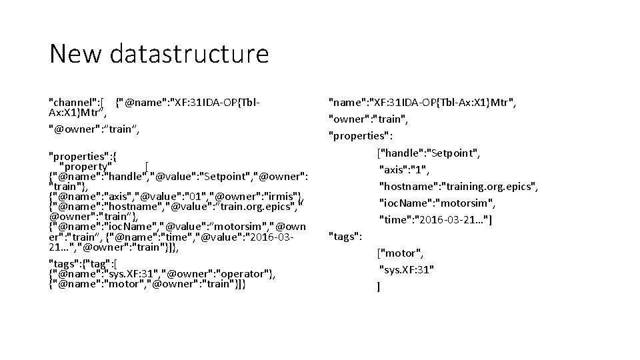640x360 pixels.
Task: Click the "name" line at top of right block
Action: [423, 103]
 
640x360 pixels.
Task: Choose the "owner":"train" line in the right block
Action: [368, 120]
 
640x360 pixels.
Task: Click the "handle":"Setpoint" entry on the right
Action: [429, 153]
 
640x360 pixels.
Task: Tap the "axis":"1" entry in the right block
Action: [405, 170]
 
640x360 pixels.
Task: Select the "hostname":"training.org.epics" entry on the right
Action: [458, 187]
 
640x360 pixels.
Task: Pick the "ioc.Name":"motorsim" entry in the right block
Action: [435, 203]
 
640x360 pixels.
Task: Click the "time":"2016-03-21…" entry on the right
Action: [435, 220]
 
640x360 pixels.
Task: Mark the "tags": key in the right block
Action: [345, 236]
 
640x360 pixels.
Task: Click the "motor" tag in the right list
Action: [400, 253]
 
